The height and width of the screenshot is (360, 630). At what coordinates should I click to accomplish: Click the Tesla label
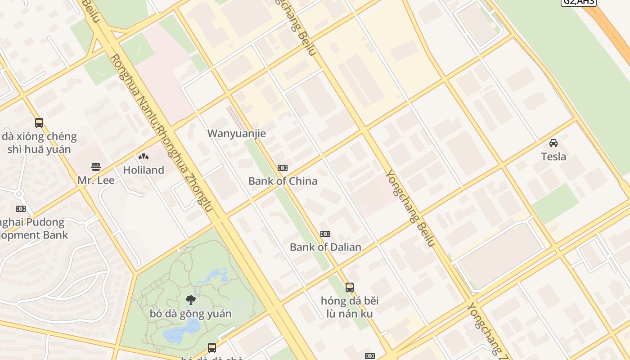553,157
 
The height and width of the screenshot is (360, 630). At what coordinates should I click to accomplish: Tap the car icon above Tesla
553,143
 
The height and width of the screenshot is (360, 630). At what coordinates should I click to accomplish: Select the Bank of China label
283,181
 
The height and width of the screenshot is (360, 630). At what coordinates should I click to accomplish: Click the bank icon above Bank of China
283,168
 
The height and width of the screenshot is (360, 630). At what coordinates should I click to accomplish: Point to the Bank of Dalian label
325,247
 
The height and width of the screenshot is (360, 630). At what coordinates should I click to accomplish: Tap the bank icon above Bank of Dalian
325,234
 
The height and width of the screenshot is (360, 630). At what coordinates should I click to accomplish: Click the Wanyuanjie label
236,133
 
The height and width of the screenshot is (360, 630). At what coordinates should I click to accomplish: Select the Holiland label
144,170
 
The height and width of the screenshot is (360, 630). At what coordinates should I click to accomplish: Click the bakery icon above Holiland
144,157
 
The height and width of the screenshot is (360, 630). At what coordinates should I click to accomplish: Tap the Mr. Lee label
96,180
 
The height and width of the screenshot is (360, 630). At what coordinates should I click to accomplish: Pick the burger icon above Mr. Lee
95,167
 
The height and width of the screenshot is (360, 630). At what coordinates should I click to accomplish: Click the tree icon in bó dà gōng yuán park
191,300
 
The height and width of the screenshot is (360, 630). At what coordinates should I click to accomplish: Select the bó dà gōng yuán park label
191,314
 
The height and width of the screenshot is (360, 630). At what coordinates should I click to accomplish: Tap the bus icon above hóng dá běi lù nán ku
350,287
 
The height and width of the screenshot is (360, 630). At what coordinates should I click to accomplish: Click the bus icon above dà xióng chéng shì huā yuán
39,122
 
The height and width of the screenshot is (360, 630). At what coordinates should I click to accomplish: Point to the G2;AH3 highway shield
578,2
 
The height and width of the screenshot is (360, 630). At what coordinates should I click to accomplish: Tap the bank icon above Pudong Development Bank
21,209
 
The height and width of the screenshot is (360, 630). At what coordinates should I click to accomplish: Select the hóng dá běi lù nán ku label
350,307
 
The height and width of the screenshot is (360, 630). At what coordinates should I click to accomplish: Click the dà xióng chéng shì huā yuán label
39,143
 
